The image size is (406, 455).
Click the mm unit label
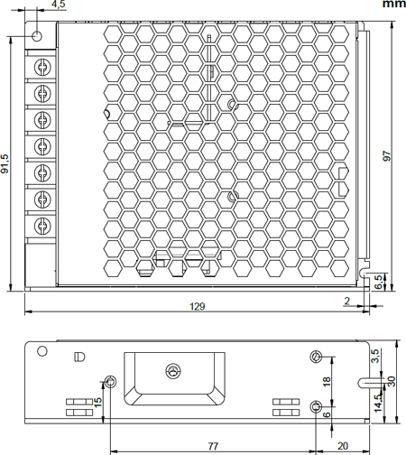[x=393, y=5]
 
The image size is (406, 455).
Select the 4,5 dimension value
[x=59, y=5]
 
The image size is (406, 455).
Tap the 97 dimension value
[x=386, y=155]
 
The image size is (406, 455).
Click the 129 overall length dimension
[x=197, y=307]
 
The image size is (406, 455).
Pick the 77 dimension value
[x=213, y=446]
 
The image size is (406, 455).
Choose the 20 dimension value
[x=343, y=446]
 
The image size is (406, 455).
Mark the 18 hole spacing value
[x=327, y=381]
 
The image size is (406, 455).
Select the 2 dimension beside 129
[x=346, y=300]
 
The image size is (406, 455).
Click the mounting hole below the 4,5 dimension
[x=38, y=36]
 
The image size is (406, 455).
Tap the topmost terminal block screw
[x=42, y=66]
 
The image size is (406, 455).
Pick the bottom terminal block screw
[x=42, y=226]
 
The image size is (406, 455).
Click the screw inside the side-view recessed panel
[x=172, y=371]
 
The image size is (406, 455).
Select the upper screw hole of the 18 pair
[x=315, y=356]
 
